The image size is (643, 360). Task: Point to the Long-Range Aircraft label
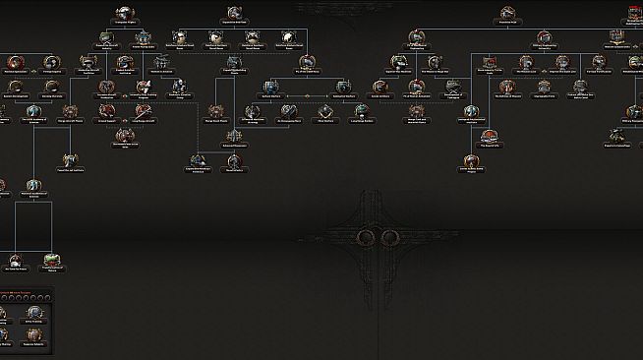point(143,119)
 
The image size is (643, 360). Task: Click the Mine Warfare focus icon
point(323,108)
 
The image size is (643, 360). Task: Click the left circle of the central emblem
point(367,237)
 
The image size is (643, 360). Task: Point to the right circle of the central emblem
point(389,237)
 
